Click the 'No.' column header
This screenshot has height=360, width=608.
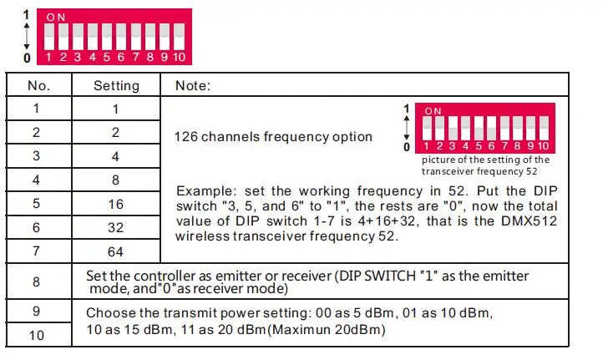pos(38,85)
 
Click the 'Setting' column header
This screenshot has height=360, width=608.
pos(116,85)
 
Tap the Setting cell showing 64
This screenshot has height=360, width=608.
pos(115,251)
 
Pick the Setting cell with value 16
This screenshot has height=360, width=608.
pos(115,204)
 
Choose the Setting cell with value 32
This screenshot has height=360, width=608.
pos(115,228)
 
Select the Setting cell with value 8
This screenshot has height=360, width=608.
pos(115,180)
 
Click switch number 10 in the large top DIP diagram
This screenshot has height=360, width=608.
pos(179,37)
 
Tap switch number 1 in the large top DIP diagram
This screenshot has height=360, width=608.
pos(49,37)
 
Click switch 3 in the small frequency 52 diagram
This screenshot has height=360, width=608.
pos(453,128)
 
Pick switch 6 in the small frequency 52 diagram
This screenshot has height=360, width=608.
pos(492,128)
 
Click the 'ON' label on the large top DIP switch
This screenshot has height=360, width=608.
pos(56,18)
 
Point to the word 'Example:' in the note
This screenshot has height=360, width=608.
pos(205,191)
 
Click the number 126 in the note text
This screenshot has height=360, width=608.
pos(185,136)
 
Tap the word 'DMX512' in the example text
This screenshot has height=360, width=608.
pos(529,221)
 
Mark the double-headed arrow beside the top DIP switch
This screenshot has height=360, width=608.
pos(27,36)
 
